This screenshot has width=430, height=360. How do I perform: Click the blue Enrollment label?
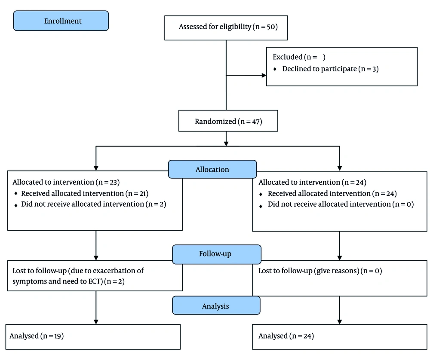click(x=61, y=21)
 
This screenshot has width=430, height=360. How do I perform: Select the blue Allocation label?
click(x=212, y=169)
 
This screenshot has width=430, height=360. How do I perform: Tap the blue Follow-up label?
click(x=217, y=254)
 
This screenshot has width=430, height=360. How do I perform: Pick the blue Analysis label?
click(x=216, y=305)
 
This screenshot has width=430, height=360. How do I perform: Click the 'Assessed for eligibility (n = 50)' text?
click(x=228, y=27)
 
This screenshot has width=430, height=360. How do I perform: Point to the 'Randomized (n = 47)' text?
click(x=228, y=122)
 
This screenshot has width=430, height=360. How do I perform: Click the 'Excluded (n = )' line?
click(x=299, y=57)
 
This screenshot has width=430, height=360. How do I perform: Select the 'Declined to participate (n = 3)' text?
click(x=330, y=69)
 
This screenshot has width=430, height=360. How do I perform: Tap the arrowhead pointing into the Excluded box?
click(x=264, y=75)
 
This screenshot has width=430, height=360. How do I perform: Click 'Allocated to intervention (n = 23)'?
click(x=66, y=182)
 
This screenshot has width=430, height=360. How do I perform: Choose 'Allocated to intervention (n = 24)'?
click(x=312, y=182)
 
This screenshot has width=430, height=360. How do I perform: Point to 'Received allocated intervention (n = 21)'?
click(x=85, y=193)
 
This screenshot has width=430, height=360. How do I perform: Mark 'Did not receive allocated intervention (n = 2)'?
click(x=93, y=204)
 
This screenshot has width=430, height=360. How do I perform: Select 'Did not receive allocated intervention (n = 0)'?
click(x=341, y=204)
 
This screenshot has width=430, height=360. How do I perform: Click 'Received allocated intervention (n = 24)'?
click(x=332, y=193)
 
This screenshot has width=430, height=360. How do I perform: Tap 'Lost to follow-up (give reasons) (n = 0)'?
click(x=320, y=271)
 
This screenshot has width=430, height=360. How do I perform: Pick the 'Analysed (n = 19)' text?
click(x=37, y=336)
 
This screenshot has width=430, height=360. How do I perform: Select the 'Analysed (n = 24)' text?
click(x=286, y=336)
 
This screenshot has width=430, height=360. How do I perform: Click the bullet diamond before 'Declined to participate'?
click(x=275, y=69)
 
